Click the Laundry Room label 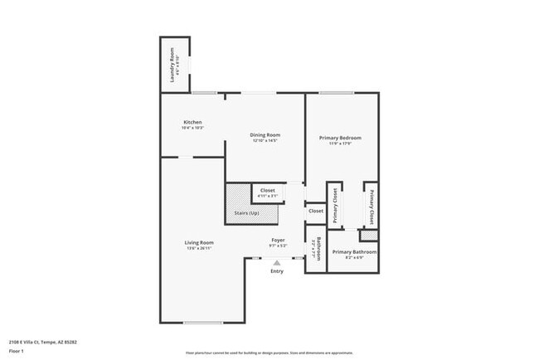pyautogui.click(x=172, y=65)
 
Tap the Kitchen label pyautogui.click(x=192, y=122)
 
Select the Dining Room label pyautogui.click(x=265, y=134)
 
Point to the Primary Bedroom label pyautogui.click(x=340, y=138)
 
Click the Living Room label pyautogui.click(x=199, y=242)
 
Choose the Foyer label pyautogui.click(x=278, y=241)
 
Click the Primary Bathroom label pyautogui.click(x=354, y=252)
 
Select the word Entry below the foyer pyautogui.click(x=277, y=271)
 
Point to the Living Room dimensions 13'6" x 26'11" pyautogui.click(x=199, y=248)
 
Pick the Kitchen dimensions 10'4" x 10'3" pyautogui.click(x=192, y=128)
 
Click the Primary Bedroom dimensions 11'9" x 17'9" pyautogui.click(x=340, y=144)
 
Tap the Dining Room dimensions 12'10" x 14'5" pyautogui.click(x=265, y=140)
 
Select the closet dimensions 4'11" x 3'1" pyautogui.click(x=267, y=196)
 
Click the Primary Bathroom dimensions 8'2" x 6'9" pyautogui.click(x=354, y=258)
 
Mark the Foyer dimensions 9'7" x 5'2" pyautogui.click(x=278, y=246)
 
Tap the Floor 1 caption pyautogui.click(x=16, y=352)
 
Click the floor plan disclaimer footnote pyautogui.click(x=269, y=353)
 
